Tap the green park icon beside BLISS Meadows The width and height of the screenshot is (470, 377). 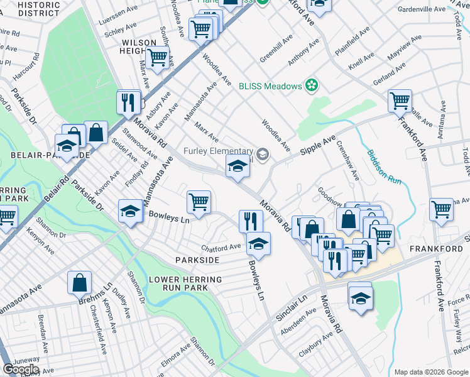(x=310, y=85)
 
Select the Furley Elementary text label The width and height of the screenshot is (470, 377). (x=218, y=151)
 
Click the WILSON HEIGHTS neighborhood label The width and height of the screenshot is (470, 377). (x=139, y=47)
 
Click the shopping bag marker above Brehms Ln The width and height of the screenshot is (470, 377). (x=80, y=283)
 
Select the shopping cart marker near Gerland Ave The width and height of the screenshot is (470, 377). (x=400, y=101)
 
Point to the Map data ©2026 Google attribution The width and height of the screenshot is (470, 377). (x=431, y=372)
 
